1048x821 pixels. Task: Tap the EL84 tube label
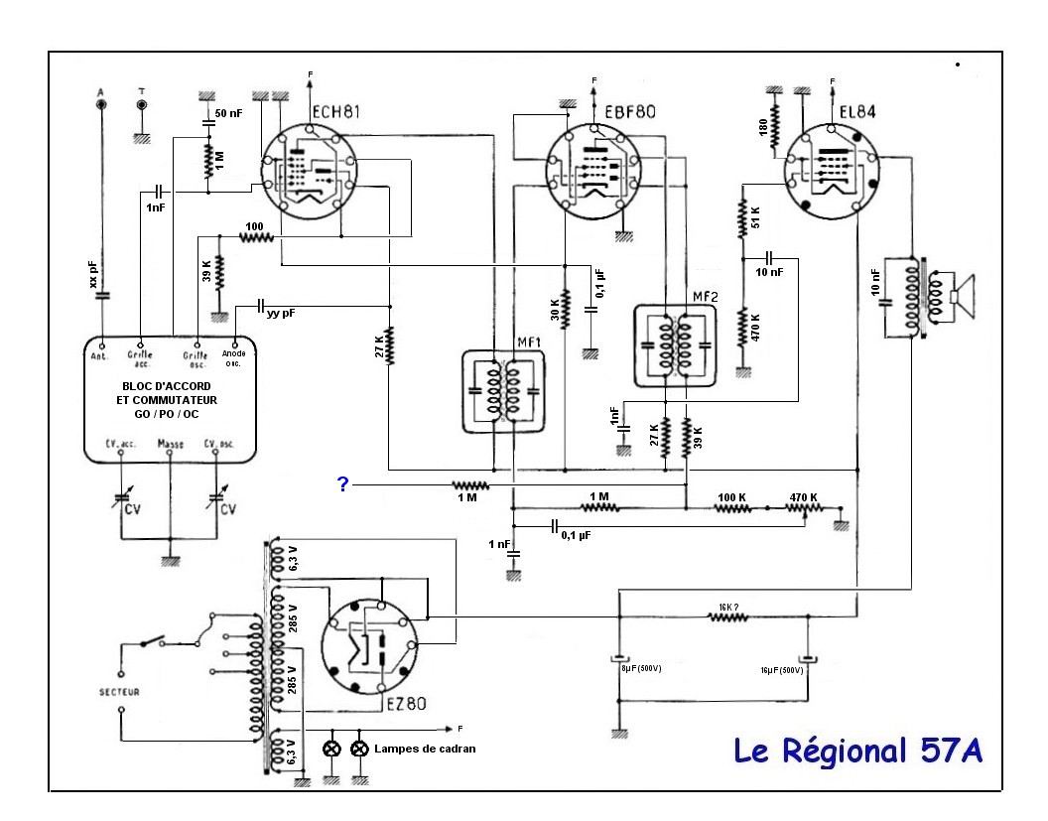point(854,112)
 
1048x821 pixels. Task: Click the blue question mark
point(342,484)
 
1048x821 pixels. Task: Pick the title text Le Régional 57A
point(858,750)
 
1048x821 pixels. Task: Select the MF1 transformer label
point(527,343)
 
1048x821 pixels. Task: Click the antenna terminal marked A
point(101,102)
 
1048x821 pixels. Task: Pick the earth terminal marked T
point(142,103)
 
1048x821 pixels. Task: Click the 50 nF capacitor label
point(229,114)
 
